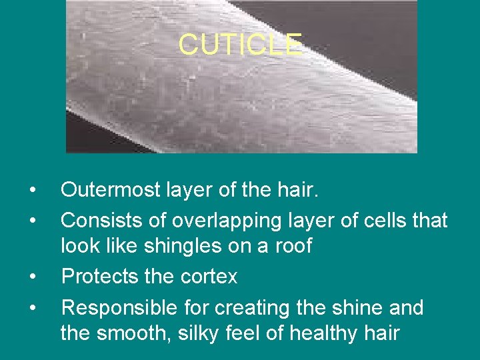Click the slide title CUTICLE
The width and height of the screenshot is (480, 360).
coord(240,45)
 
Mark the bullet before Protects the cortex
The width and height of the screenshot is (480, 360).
coord(33,277)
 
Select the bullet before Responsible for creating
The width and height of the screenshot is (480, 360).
coord(33,309)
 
